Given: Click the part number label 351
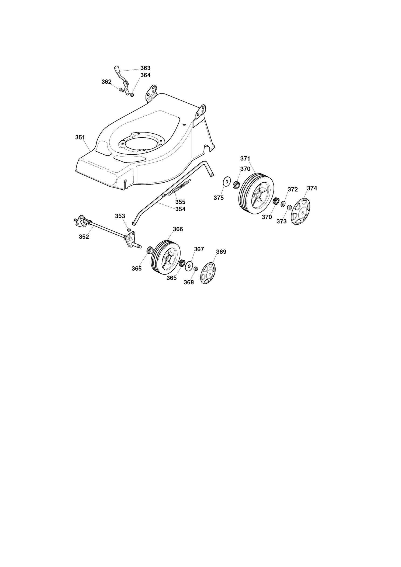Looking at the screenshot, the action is point(80,137).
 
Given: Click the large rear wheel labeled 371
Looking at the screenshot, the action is point(256,193).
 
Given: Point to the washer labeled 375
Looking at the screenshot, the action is point(227,182).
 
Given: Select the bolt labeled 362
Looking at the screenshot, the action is point(121,89).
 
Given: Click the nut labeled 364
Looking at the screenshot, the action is point(132,95).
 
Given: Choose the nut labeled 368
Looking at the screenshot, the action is point(196,268).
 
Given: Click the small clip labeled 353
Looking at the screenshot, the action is point(129,230).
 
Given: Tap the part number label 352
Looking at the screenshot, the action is point(84,237).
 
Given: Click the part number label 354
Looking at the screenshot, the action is point(180,209).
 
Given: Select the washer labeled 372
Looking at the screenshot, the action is point(284,204).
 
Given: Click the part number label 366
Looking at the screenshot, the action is point(178,229).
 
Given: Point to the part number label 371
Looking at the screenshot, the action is point(245,158).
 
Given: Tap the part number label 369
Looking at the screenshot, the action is point(221,252).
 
